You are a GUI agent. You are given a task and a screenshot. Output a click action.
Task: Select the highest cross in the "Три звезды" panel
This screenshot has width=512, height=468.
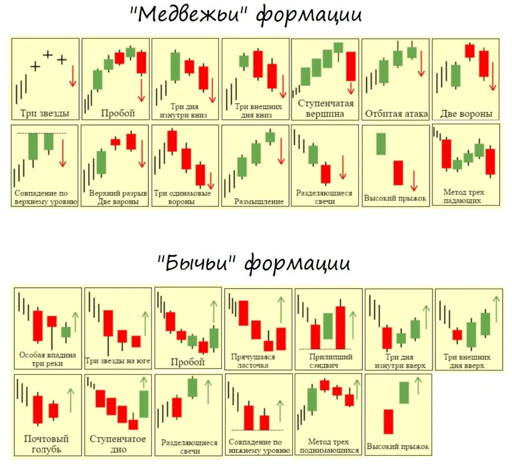48,54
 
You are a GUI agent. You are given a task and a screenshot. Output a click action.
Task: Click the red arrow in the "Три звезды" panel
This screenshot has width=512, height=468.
72,75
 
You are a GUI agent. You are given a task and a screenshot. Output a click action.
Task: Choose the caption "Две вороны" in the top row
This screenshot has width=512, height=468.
466,113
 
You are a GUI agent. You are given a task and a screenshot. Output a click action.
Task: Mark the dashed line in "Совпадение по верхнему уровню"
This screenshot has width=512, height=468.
41,133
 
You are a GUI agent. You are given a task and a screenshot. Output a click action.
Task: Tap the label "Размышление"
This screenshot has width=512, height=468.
259,201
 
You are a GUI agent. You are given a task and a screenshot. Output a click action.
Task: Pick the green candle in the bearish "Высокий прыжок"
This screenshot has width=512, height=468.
381,144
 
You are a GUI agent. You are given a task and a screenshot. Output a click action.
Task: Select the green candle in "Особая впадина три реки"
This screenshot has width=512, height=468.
66,331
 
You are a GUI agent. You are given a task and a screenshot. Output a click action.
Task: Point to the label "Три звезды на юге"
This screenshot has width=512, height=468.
117,360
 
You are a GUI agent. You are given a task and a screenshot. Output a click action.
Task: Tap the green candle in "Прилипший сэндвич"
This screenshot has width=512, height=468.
328,326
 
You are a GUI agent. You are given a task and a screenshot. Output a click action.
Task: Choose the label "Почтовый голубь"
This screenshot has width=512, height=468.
46,443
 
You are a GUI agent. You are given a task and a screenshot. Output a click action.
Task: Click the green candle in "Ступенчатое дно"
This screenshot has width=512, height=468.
144,403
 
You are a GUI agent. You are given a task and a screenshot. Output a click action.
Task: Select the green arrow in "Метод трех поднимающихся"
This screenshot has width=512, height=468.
356,389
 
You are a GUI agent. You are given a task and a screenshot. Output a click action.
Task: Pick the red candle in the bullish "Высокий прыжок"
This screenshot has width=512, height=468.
388,421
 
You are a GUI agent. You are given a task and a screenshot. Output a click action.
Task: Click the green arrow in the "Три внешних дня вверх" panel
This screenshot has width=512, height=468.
496,308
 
